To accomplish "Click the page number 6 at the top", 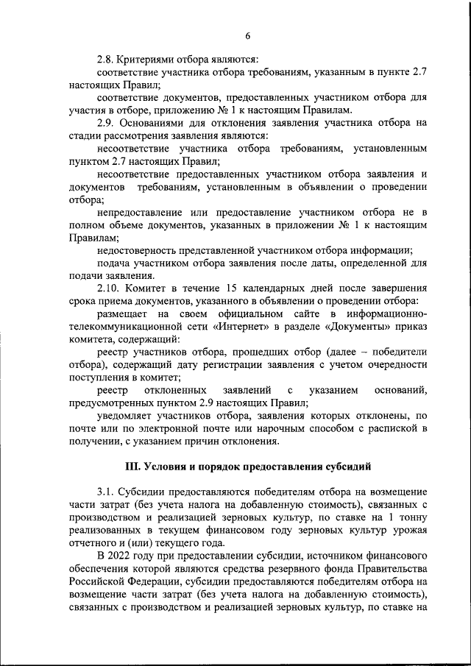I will tap(248, 36).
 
